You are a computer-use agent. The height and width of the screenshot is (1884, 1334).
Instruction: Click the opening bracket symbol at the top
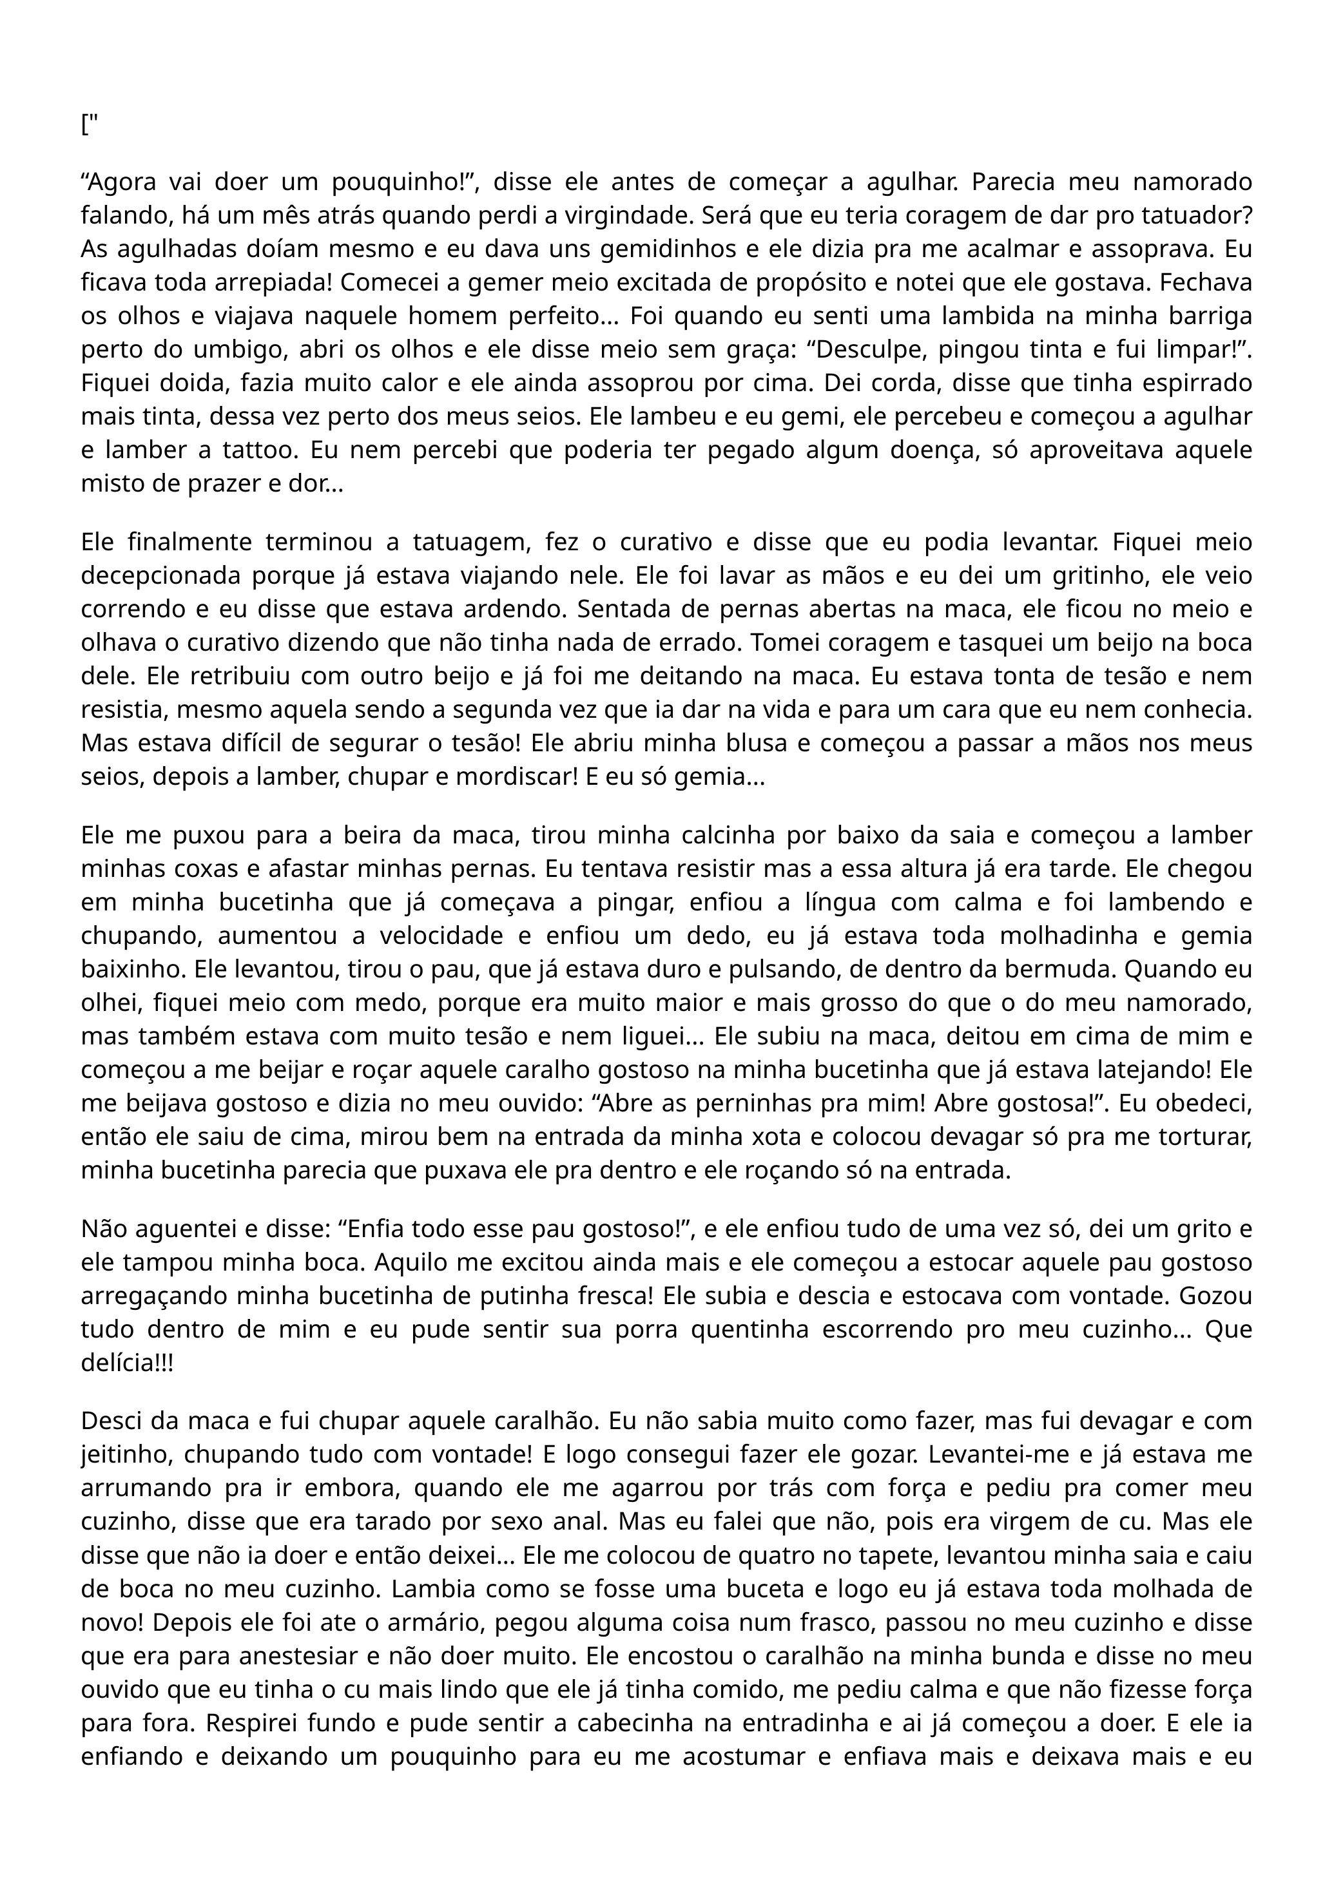point(84,126)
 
